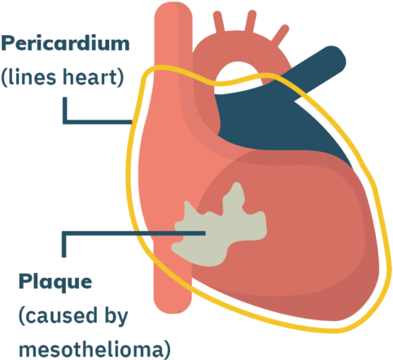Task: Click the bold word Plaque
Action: [x=55, y=283]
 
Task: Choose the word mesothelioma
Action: [x=91, y=349]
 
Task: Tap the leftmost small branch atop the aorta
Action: [x=218, y=22]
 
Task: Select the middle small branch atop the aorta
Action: [x=251, y=20]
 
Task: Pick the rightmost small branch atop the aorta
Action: [x=281, y=33]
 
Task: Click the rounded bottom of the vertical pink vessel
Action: [x=172, y=302]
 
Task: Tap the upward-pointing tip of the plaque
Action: [x=238, y=184]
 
